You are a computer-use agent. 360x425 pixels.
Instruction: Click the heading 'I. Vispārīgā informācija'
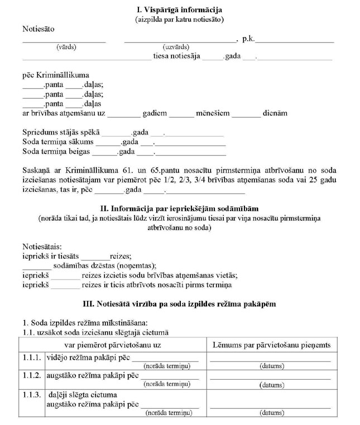[x=179, y=9]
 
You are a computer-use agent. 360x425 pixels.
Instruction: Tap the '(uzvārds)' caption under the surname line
[x=175, y=47]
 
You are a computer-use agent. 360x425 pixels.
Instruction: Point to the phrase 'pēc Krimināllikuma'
[x=56, y=75]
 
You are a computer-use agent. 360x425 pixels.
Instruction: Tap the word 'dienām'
[x=274, y=113]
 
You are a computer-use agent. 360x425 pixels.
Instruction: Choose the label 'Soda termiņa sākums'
[x=58, y=142]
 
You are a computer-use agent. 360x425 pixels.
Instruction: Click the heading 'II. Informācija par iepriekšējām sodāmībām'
[x=179, y=208]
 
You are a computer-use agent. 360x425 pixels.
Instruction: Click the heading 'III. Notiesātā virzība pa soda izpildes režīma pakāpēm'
[x=179, y=304]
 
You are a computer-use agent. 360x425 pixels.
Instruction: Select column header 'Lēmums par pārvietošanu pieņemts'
[x=272, y=345]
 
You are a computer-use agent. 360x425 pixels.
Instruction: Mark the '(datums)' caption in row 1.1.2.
[x=272, y=385]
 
